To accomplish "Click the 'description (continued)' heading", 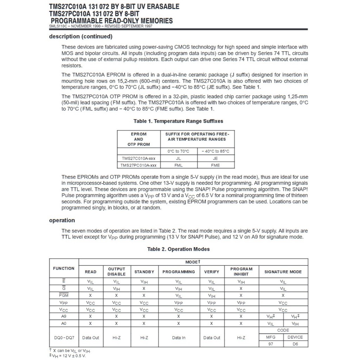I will point(81,37).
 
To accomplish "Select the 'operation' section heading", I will point(62,220).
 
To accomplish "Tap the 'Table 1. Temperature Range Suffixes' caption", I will point(178,121).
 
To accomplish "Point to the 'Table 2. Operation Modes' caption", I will point(178,249).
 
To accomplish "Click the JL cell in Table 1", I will point(178,159).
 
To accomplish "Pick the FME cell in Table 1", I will point(216,165).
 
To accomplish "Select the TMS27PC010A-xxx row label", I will point(139,165).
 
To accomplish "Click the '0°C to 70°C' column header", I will point(178,151).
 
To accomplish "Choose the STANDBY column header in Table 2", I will point(144,272).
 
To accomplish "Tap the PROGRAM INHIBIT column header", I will point(241,271).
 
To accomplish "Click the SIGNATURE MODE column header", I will point(283,272).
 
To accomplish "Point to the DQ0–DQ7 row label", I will point(64,337).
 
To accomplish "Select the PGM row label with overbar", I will point(64,295).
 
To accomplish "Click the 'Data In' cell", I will point(179,337).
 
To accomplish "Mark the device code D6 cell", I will point(295,344).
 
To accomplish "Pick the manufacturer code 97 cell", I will point(271,344).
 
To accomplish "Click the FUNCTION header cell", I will point(64,268).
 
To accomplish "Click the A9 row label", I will point(64,316).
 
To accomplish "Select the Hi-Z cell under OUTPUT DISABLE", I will point(116,337).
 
